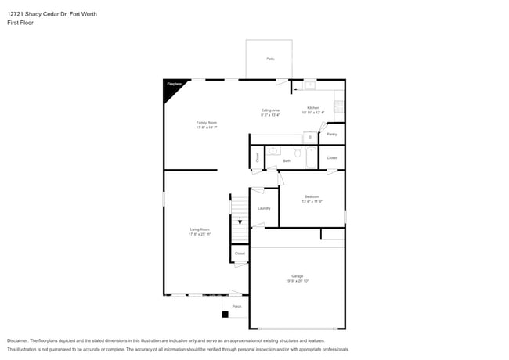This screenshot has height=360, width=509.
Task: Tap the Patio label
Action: click(270, 59)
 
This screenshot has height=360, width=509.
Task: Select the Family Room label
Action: click(207, 124)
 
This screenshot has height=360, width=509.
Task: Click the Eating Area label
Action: click(270, 112)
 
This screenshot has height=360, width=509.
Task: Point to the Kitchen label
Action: click(312, 109)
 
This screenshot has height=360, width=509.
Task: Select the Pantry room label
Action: click(332, 134)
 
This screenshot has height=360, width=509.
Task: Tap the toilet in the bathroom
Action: click(298, 153)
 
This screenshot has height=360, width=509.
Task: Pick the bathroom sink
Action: click(274, 151)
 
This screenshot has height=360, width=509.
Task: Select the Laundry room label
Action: click(264, 208)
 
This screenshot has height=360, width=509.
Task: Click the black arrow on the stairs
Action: click(240, 221)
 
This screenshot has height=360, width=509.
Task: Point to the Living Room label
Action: click(200, 231)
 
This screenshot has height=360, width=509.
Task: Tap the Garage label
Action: click(297, 278)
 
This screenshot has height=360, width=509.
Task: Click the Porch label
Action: click(236, 306)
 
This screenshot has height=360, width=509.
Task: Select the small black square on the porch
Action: click(226, 315)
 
